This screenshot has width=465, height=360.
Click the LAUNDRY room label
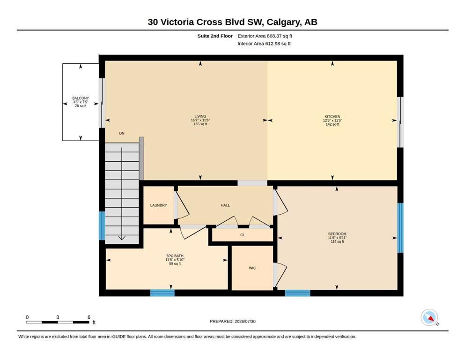coord(158,205)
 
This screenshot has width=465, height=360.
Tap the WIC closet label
coord(252,268)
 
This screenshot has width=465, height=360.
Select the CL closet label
coord(243,235)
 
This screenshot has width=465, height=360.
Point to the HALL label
coord(225,205)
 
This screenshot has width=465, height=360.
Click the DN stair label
coord(122,133)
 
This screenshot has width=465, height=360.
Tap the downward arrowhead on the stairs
coord(122,238)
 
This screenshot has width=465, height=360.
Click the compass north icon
coord(429,317)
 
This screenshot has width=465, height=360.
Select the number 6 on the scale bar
coord(89,317)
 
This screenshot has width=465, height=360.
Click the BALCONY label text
coord(81,98)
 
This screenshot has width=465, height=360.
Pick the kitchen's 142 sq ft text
coord(332,124)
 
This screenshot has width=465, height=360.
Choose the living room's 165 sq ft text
coord(200,124)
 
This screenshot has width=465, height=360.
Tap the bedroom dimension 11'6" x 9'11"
coord(337,238)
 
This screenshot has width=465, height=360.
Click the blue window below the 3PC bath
coord(162,293)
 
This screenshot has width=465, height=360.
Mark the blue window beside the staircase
coord(102,225)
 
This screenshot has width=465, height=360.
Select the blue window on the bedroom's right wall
coord(400,228)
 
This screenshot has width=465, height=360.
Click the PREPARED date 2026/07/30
coord(245,321)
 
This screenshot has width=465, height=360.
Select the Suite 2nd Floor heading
coord(215,36)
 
